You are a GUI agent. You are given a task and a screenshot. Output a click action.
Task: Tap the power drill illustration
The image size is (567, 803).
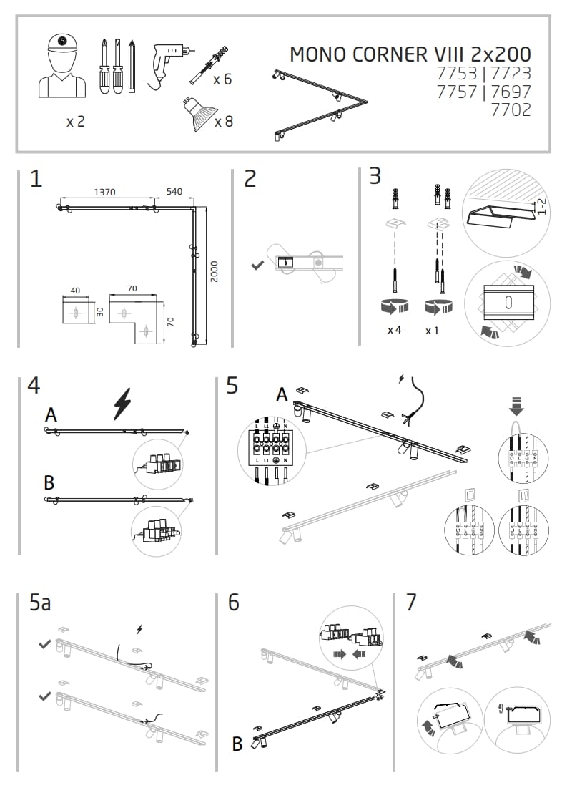pos(169,63)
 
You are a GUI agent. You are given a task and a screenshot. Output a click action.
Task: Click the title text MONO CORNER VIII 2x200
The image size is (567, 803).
pos(410,54)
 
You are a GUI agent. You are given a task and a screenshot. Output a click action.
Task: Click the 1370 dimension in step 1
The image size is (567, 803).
pos(105,192)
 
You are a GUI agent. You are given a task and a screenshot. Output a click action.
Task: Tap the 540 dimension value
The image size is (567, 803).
pos(174,192)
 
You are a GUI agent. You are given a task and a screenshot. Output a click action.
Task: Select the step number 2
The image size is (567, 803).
pos(250,179)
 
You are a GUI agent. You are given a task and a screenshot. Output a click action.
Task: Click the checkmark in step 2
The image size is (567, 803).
pos(258,266)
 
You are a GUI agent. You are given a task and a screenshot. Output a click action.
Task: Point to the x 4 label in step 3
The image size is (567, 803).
pos(394,330)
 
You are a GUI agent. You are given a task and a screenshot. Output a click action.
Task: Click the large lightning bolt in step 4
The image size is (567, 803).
pos(123,404)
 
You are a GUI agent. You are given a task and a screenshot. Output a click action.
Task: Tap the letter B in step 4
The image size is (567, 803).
pos(49,483)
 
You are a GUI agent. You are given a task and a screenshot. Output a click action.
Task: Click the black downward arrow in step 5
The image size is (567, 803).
pos(516,407)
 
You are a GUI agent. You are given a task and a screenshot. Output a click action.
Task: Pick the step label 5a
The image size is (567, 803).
pos(40,603)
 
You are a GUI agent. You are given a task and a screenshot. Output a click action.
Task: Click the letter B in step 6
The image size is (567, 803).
pos(237,744)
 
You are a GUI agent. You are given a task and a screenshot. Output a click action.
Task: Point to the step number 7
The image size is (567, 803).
pos(410,603)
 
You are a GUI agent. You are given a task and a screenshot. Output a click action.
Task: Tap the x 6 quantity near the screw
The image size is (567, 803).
pos(222,79)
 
